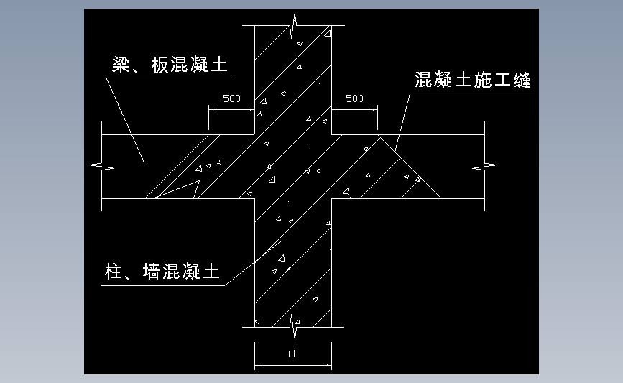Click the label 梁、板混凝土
coord(170,65)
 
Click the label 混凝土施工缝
coord(473,80)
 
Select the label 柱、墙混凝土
coord(162,272)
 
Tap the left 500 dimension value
coord(231,98)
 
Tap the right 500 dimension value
coord(354,98)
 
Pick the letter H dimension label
coord(292,354)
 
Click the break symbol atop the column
coord(294,25)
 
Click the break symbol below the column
coord(294,327)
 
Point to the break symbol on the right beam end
coord(485,166)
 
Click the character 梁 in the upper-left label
coord(121,65)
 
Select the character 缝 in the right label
coord(522,80)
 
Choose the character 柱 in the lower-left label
coord(114,272)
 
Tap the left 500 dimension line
coord(231,110)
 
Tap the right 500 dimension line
coord(354,110)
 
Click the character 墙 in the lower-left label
coord(152,272)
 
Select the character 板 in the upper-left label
coord(160,65)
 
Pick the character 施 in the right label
coord(483,80)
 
